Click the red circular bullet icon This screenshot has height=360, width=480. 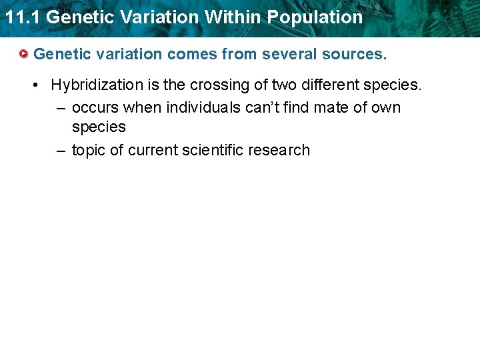pyautogui.click(x=24, y=53)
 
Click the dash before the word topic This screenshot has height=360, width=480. pyautogui.click(x=61, y=151)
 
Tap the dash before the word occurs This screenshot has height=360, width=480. pyautogui.click(x=61, y=108)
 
